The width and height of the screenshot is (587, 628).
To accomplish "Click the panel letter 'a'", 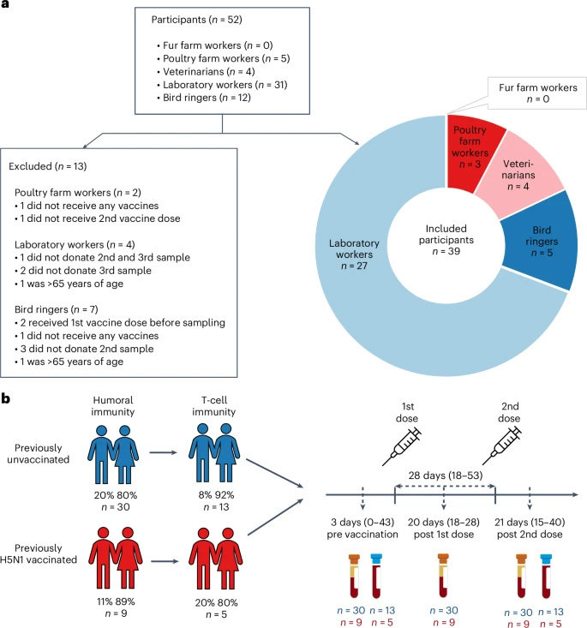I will pyautogui.click(x=7, y=6).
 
